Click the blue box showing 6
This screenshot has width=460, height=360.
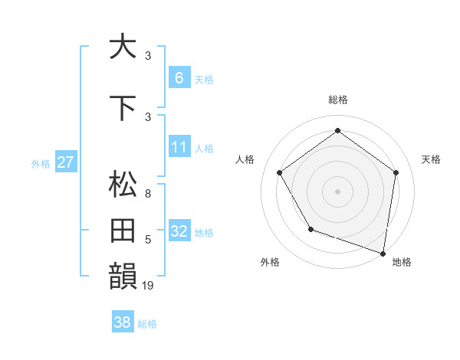point(179,77)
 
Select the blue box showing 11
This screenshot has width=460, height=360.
point(179,147)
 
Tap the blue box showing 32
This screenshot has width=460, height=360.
point(179,231)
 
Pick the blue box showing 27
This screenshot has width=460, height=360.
point(65,162)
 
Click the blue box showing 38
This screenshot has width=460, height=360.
point(123,323)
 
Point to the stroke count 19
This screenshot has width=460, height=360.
point(148,286)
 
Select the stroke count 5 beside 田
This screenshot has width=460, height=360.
point(147,240)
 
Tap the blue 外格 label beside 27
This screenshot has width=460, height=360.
point(41,163)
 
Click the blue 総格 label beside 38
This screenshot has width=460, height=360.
point(147,324)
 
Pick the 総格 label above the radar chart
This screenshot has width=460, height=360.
point(337,100)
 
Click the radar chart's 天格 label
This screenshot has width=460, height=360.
point(431,159)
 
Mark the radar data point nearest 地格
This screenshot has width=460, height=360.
point(383,253)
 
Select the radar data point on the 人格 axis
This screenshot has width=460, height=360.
point(279,172)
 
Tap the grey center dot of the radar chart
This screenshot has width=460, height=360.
point(337,191)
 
